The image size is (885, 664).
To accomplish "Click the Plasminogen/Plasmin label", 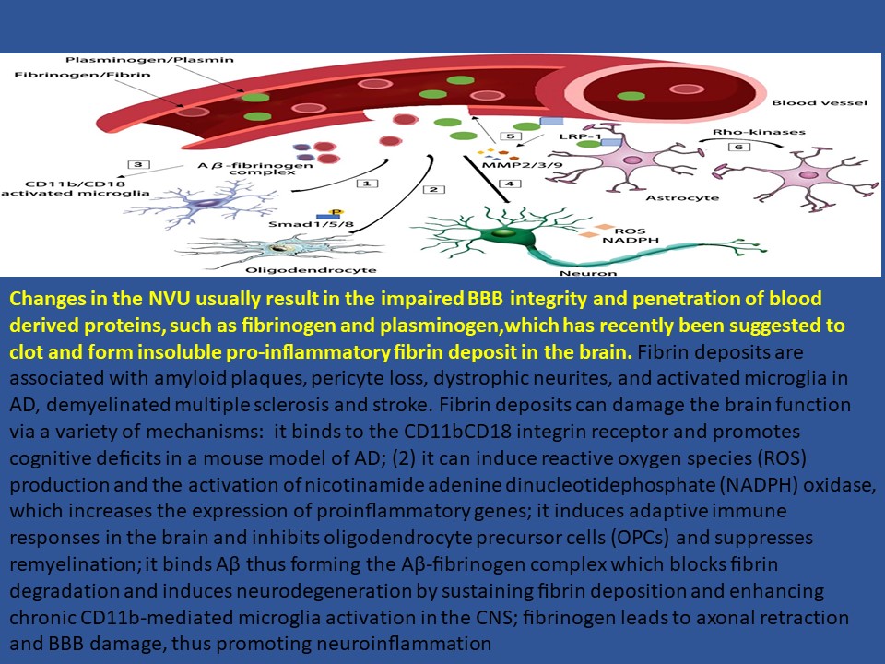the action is (x=149, y=60).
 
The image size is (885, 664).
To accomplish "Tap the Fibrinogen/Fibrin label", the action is (x=82, y=75).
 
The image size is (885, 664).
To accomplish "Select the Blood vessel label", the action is (x=820, y=102).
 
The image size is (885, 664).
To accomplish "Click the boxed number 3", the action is (x=138, y=164).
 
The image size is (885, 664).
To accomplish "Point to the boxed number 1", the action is (x=368, y=184).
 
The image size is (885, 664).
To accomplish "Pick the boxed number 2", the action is (x=433, y=189).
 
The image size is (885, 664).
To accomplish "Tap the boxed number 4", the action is (x=510, y=184).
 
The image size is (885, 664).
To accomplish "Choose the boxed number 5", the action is (x=511, y=136).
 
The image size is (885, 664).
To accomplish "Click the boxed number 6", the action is (x=738, y=147).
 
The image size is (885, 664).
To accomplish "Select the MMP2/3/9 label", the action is (x=514, y=165).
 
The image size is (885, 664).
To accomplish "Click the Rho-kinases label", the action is (x=759, y=132).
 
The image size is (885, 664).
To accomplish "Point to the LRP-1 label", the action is (x=580, y=136).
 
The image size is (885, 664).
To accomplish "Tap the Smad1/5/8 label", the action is (x=311, y=224).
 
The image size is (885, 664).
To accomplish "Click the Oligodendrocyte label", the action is (x=311, y=270).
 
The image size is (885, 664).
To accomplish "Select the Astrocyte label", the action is (x=682, y=197).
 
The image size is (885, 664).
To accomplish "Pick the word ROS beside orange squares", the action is (x=630, y=231).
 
